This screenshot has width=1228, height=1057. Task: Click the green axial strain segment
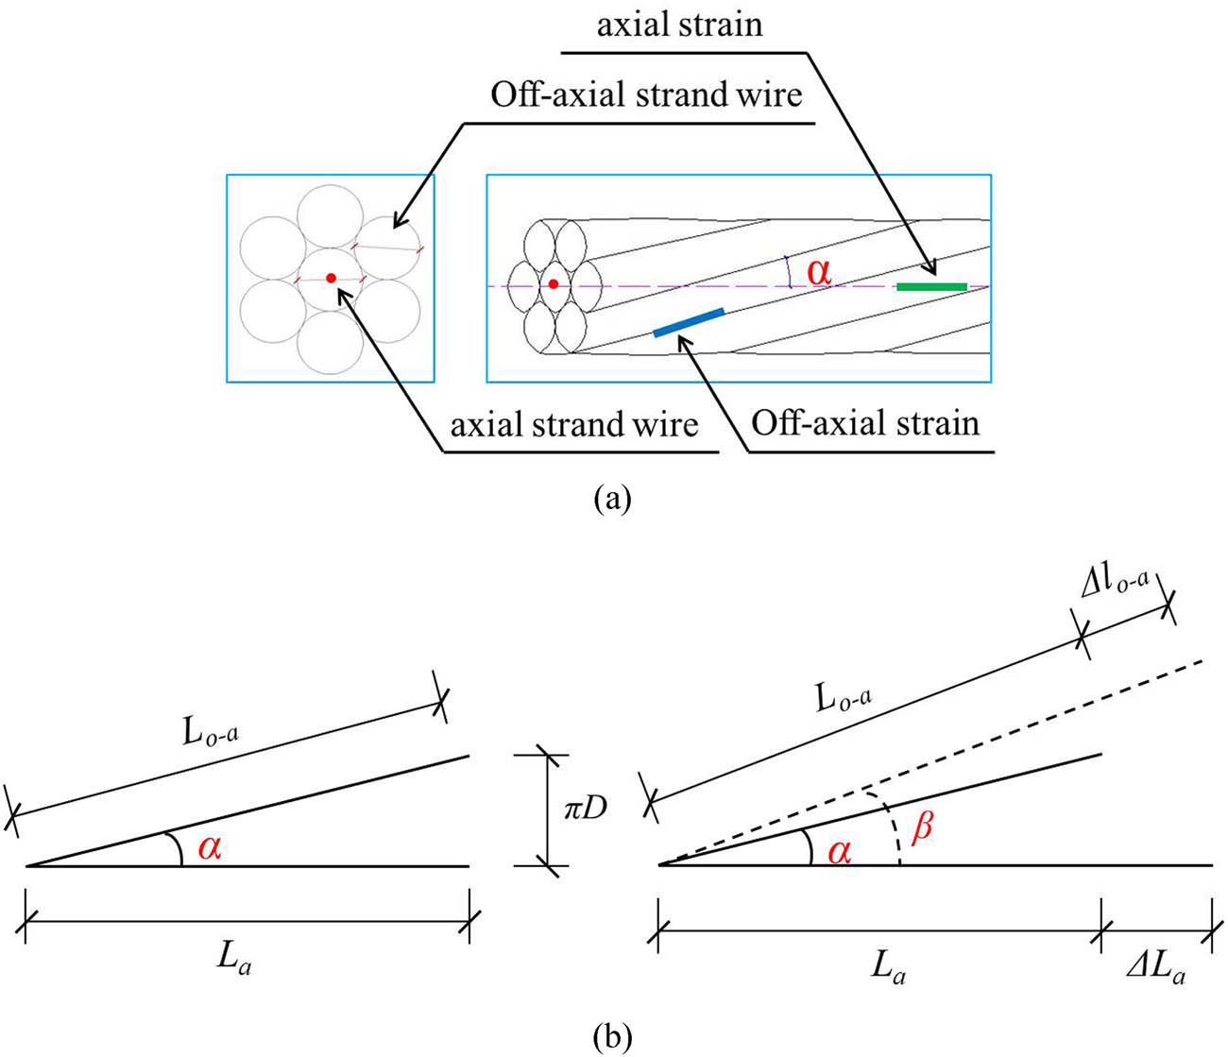[x=931, y=286]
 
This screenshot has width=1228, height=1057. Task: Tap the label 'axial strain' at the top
[x=679, y=24]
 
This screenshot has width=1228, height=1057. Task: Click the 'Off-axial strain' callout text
[x=865, y=422]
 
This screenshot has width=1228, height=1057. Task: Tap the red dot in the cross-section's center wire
[x=331, y=278]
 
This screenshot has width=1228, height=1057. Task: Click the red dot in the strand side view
[x=554, y=283]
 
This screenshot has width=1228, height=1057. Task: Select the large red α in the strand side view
[x=819, y=272]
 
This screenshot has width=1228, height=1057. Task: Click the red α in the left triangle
[x=210, y=848]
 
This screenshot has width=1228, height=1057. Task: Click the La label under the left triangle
[x=235, y=965]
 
